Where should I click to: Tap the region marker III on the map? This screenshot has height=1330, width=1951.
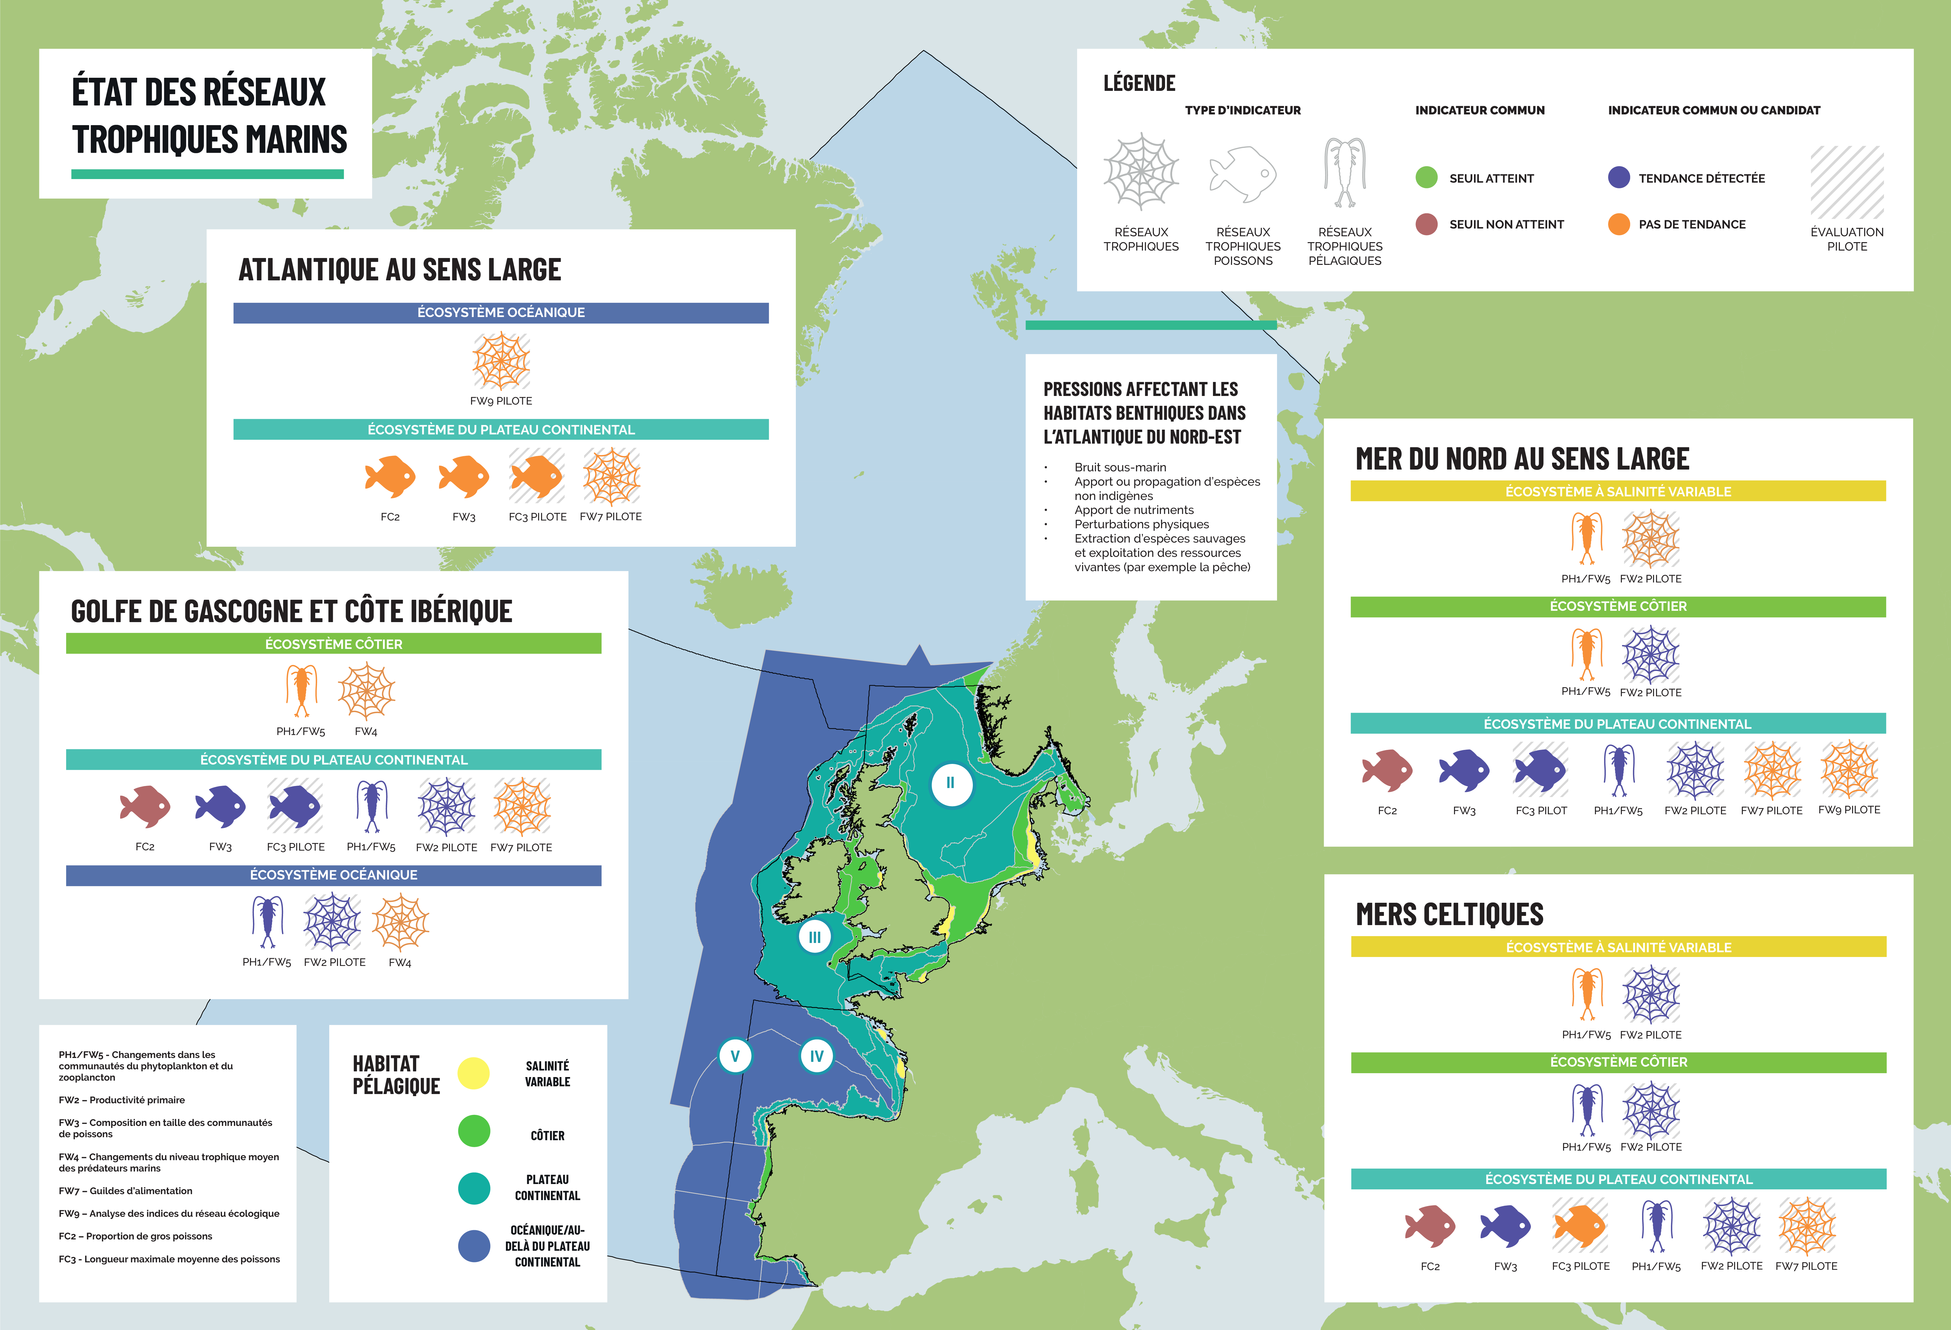pos(814,937)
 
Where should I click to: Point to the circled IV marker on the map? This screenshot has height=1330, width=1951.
pos(816,1056)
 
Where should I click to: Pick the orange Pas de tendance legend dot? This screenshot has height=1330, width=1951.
pos(1618,224)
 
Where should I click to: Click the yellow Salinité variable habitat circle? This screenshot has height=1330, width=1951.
pos(473,1073)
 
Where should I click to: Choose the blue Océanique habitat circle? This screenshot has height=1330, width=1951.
pos(473,1246)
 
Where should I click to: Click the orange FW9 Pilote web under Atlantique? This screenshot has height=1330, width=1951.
pos(501,361)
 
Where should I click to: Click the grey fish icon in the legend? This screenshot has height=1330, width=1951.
pos(1242,174)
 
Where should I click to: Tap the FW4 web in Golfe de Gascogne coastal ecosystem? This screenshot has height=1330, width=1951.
pos(366,692)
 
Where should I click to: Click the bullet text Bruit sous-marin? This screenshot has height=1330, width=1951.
pos(1120,467)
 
